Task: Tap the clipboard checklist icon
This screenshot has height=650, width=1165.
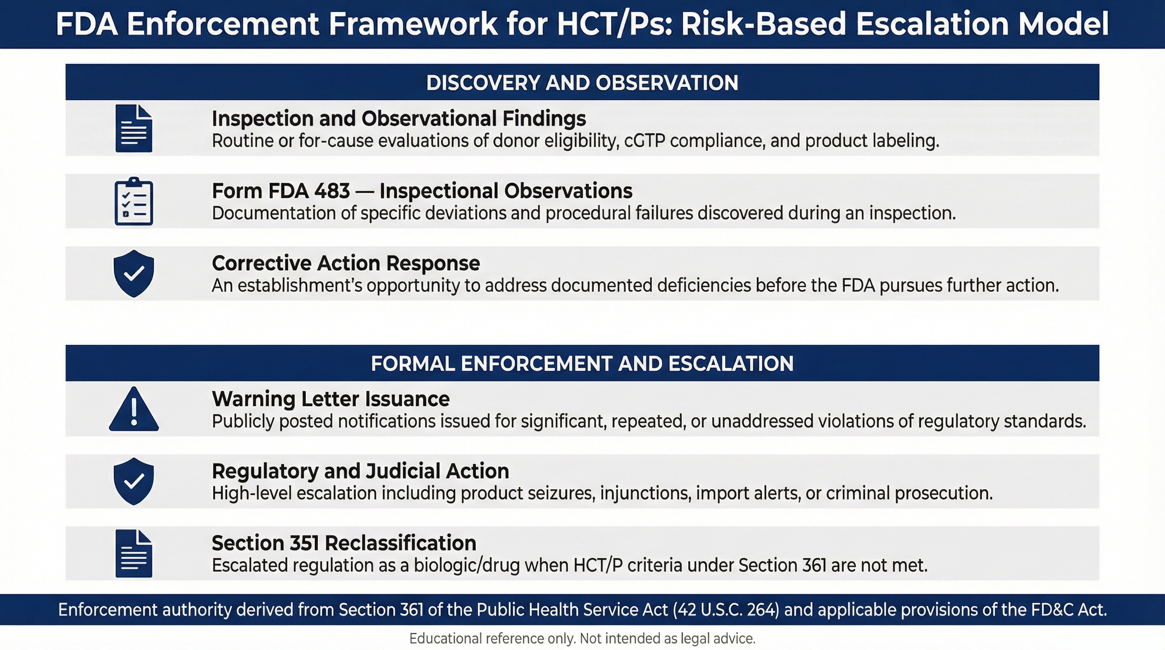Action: click(x=134, y=201)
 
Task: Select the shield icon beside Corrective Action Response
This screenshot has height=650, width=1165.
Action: click(x=134, y=274)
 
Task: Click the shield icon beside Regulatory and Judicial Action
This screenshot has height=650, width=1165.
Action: click(x=134, y=481)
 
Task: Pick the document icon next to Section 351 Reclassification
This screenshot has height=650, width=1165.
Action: click(x=134, y=554)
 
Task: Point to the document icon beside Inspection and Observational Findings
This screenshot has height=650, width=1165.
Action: click(x=134, y=129)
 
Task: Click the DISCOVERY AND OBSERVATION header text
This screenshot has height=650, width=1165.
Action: click(x=582, y=83)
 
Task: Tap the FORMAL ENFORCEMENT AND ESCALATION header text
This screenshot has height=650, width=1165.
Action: click(x=582, y=363)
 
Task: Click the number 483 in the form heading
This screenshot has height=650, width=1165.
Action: click(x=332, y=191)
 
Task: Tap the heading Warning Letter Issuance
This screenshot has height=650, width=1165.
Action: click(x=330, y=399)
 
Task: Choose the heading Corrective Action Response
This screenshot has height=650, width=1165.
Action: click(x=345, y=263)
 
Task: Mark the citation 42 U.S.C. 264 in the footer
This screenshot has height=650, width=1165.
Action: click(x=726, y=610)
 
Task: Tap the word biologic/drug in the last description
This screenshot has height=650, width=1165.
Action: click(x=466, y=566)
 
